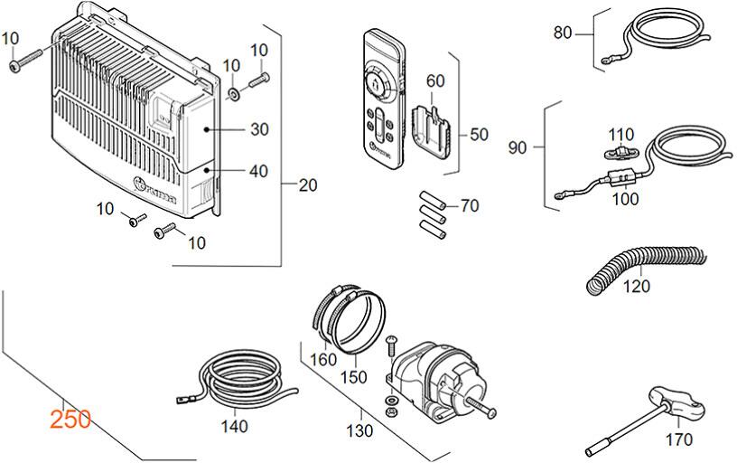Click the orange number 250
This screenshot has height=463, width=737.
click(x=70, y=420)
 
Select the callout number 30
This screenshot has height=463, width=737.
click(x=259, y=129)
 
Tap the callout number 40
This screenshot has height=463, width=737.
click(x=258, y=171)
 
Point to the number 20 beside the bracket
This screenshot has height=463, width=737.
click(x=308, y=185)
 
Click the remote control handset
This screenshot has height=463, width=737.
click(x=383, y=98)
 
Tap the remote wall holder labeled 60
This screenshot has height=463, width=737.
click(x=432, y=130)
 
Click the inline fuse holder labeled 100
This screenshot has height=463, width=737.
click(x=616, y=180)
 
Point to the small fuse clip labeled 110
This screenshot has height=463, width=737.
click(x=620, y=152)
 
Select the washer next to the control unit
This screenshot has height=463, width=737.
click(x=233, y=94)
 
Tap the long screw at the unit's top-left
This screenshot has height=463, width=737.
click(x=26, y=61)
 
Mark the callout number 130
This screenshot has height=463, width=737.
click(x=359, y=430)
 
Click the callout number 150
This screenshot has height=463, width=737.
click(x=354, y=377)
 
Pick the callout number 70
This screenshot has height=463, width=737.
click(x=470, y=205)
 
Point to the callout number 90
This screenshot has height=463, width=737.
click(x=518, y=147)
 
